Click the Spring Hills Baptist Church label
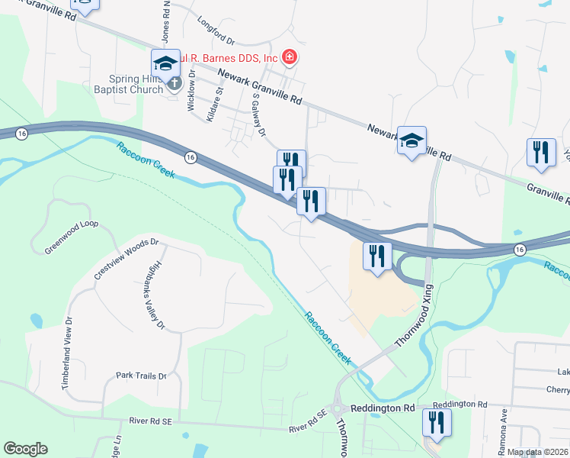click(x=136, y=84)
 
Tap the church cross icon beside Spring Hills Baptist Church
click(x=175, y=82)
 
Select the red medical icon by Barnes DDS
click(x=289, y=56)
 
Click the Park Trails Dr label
click(x=141, y=376)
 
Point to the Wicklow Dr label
click(x=191, y=92)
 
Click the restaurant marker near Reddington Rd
click(x=437, y=422)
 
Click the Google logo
click(x=25, y=449)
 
